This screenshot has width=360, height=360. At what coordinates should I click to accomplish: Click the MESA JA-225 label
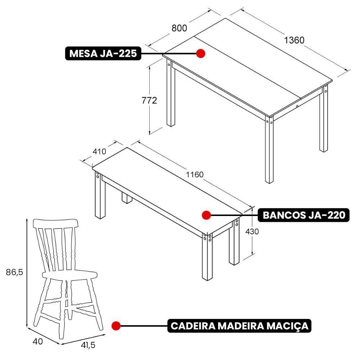click(x=103, y=54)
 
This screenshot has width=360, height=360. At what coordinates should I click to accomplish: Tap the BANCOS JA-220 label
click(x=304, y=215)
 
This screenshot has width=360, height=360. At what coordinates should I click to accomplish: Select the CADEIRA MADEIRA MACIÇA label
click(x=239, y=326)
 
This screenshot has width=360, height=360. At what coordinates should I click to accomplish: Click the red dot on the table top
click(x=201, y=54)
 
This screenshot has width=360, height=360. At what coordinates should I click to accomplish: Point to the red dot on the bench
click(x=206, y=215)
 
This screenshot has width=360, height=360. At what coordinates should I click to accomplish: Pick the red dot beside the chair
click(x=116, y=326)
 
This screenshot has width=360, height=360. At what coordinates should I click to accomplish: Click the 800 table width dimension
click(x=179, y=28)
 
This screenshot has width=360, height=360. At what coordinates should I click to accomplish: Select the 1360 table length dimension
click(x=294, y=40)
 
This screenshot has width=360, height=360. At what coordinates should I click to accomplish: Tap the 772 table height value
click(x=149, y=100)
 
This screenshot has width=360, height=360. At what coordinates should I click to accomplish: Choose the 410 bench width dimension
click(x=99, y=151)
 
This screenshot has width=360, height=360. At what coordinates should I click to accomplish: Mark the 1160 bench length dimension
click(x=194, y=175)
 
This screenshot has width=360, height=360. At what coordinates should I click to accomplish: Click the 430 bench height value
click(x=252, y=231)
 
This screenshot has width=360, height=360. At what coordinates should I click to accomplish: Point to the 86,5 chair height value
click(x=14, y=272)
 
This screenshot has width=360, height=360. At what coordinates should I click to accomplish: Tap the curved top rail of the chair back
click(x=56, y=223)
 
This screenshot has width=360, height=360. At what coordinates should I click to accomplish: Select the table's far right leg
click(x=324, y=119)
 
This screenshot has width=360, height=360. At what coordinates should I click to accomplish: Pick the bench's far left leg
click(x=98, y=196)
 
